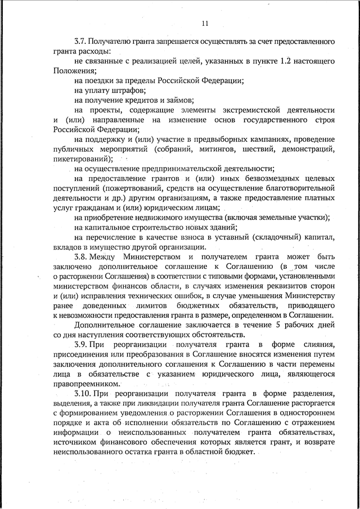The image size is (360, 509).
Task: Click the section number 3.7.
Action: (82, 42)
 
